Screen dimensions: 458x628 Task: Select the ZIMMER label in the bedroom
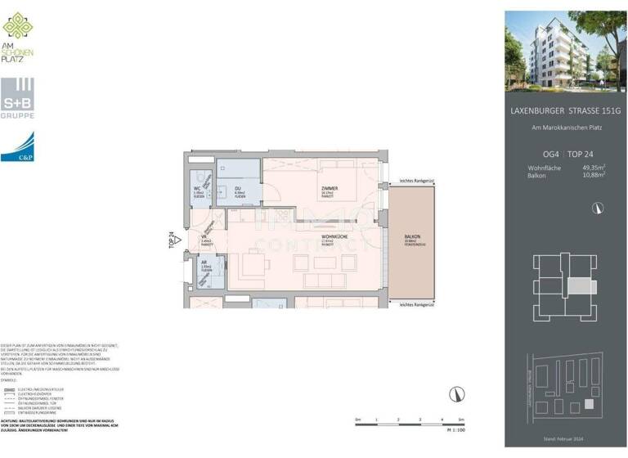coord(329,189)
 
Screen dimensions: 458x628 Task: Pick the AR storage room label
coord(206,264)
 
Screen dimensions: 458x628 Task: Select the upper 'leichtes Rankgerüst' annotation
coord(416,181)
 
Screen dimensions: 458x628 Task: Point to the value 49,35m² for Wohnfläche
coord(594,167)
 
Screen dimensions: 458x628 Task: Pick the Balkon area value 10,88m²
coord(594,174)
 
